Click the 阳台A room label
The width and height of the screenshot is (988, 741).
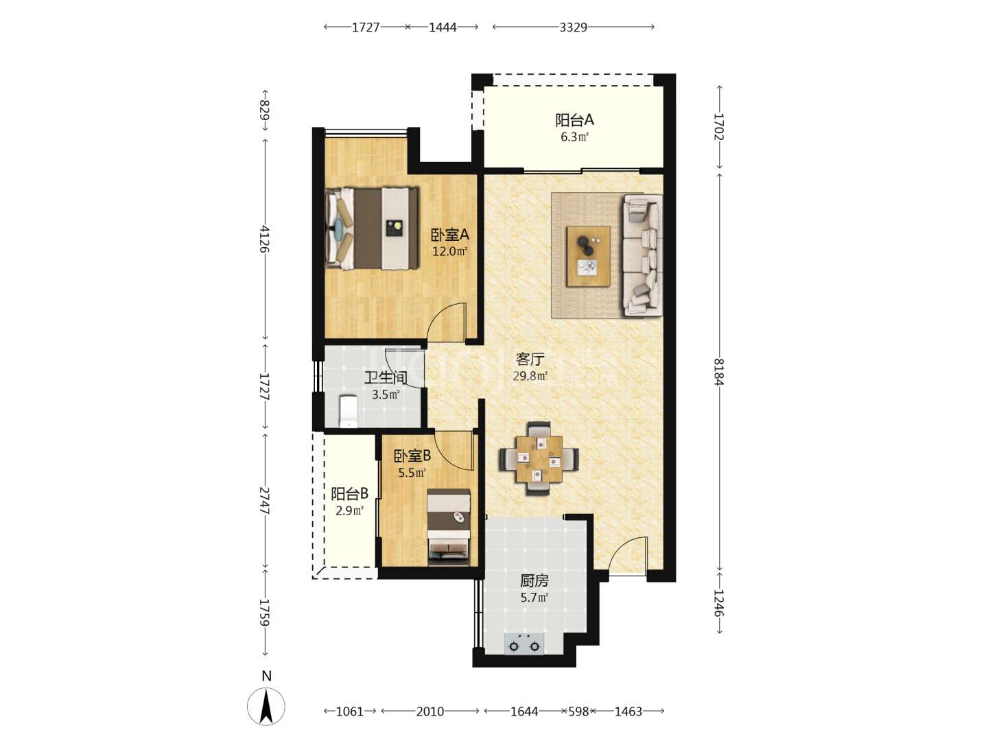(x=574, y=120)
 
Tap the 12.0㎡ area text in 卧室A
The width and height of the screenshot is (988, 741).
(x=449, y=251)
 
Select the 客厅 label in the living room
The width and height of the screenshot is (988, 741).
(x=530, y=360)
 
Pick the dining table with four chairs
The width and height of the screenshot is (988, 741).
(x=539, y=458)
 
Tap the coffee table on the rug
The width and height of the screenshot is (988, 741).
(x=588, y=256)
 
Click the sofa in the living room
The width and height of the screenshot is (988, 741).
(x=642, y=255)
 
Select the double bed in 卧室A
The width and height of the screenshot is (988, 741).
(x=371, y=228)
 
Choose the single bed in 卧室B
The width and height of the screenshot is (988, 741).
(x=448, y=527)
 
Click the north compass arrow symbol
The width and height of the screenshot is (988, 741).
(x=266, y=706)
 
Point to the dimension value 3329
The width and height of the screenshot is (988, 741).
(x=573, y=27)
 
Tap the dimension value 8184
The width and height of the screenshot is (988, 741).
(x=718, y=372)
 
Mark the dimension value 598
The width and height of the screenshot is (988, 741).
(x=578, y=711)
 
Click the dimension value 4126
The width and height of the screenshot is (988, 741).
(x=265, y=239)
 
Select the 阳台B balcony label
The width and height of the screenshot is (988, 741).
(x=350, y=494)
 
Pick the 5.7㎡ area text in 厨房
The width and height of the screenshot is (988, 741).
(x=534, y=598)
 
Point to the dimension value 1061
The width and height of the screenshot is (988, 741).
(x=350, y=711)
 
